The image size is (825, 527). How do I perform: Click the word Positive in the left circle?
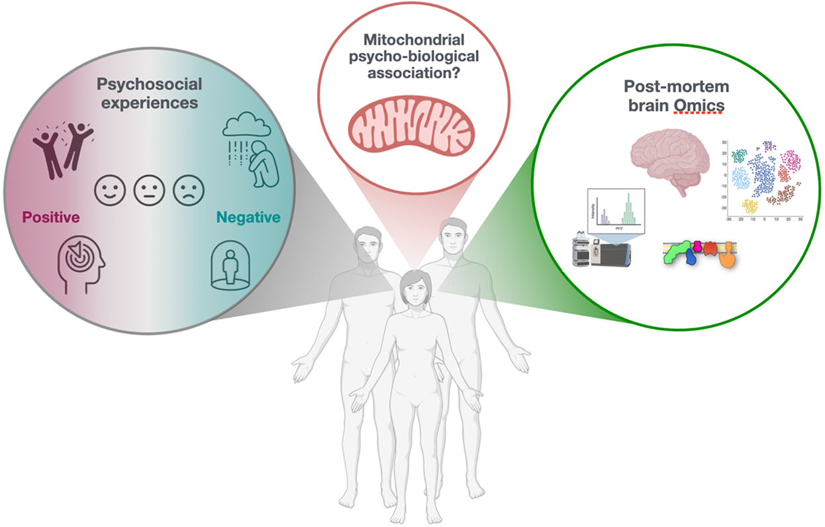pyautogui.click(x=51, y=216)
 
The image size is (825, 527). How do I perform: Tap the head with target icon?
pyautogui.click(x=81, y=264)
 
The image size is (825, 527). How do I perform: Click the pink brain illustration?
pyautogui.click(x=670, y=159)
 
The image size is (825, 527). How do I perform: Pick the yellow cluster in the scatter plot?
pyautogui.click(x=750, y=206)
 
